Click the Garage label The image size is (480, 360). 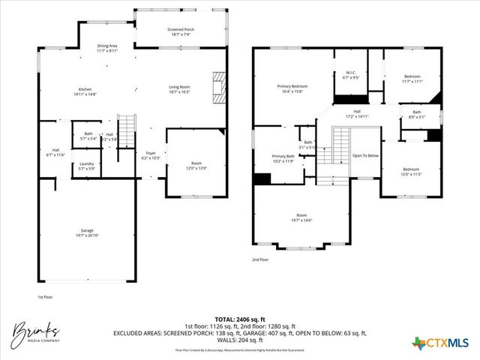point(88,232)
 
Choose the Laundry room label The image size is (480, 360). point(87,166)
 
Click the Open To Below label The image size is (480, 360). point(365,156)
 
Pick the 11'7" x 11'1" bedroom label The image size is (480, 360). point(412,79)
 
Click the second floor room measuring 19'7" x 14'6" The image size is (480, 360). point(301,217)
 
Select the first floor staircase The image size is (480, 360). point(127,132)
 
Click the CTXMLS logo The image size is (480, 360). point(442,343)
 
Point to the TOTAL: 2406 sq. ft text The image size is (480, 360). point(240,318)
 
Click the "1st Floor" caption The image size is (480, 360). point(45,297)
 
